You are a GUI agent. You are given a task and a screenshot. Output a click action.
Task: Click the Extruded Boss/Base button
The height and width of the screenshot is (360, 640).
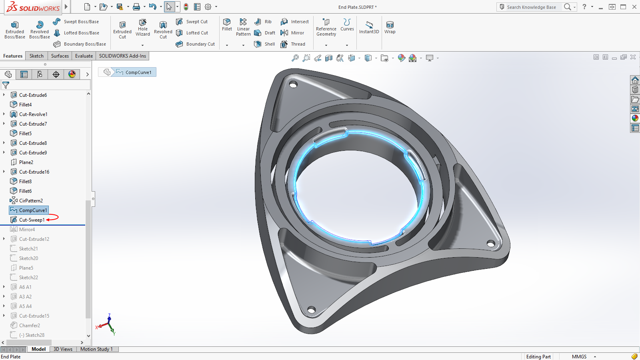click(x=15, y=30)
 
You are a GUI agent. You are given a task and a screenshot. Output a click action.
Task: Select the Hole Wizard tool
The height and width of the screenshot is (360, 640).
click(x=143, y=27)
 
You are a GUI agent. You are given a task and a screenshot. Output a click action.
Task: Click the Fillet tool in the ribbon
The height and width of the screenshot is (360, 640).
click(x=227, y=24)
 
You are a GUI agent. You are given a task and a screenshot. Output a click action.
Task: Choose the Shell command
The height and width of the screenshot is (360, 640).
click(x=265, y=44)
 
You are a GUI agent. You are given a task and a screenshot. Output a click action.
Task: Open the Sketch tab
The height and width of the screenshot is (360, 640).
click(x=36, y=56)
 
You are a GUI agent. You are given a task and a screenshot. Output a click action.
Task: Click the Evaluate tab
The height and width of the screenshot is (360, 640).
click(x=84, y=56)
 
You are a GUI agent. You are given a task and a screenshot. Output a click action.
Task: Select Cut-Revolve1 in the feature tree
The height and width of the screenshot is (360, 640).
click(x=33, y=114)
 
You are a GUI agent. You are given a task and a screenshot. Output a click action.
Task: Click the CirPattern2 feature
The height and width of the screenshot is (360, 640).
click(x=31, y=201)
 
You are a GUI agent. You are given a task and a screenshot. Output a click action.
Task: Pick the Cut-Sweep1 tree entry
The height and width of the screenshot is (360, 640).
click(x=32, y=220)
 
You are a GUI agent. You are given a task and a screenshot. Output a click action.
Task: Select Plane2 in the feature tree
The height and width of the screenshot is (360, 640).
click(x=26, y=162)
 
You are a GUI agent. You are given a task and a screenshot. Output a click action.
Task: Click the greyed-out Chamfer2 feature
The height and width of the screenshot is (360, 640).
click(x=30, y=326)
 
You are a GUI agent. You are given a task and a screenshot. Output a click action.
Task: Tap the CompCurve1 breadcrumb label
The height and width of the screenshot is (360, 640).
click(x=138, y=72)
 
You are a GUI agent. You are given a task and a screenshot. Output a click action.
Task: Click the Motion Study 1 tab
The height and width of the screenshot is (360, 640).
click(x=96, y=349)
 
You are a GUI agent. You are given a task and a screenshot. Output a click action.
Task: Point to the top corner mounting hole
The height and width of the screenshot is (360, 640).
click(x=293, y=85)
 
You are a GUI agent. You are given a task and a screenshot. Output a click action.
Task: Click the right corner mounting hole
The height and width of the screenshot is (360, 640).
click(x=490, y=243)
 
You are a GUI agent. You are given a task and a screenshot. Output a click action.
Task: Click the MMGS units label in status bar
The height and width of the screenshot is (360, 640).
click(x=579, y=357)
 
